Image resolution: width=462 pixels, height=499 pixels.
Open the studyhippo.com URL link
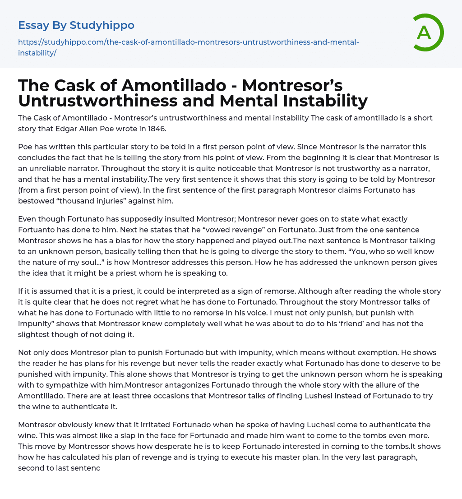[x=188, y=47]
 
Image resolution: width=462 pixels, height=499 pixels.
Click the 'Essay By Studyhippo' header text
[x=76, y=25]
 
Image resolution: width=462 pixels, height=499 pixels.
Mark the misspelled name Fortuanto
[x=35, y=230]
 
